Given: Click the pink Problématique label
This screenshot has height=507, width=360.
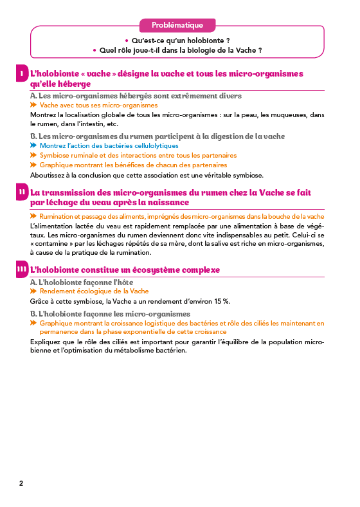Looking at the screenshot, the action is click(177, 25).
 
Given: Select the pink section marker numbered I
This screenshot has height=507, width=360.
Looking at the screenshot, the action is click(22, 74).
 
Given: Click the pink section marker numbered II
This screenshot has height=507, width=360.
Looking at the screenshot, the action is click(22, 192).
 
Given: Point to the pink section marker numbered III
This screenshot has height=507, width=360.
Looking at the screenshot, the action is click(22, 270).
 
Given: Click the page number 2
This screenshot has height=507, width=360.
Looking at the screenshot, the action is click(21, 483).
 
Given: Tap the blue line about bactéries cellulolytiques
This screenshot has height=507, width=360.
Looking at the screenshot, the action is click(109, 146).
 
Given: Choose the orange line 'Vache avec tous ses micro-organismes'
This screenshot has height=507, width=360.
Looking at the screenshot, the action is click(98, 105).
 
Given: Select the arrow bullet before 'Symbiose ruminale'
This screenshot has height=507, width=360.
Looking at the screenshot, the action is click(34, 155).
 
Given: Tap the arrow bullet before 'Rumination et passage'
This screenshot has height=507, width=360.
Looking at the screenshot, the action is click(34, 216).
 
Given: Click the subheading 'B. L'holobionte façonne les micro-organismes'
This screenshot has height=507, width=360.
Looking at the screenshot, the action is click(110, 313).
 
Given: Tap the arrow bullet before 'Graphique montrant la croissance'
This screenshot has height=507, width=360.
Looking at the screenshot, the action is click(34, 323).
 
